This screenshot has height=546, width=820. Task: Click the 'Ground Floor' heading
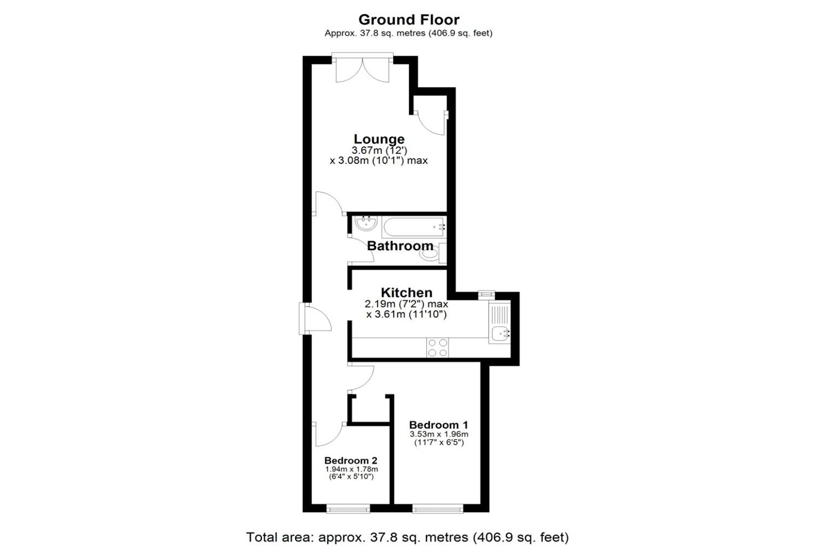coord(409,20)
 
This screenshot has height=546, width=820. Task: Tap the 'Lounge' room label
coord(379,139)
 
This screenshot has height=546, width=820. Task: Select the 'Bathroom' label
coord(400,246)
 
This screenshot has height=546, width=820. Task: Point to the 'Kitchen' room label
coord(406,293)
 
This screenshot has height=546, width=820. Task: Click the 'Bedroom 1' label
coord(438,425)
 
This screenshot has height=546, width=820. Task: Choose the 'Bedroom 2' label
coord(350,460)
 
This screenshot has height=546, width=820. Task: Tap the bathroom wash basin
coord(364,223)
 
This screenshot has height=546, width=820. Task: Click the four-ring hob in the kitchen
coord(437,347)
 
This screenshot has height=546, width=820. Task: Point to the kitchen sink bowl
coord(499,333)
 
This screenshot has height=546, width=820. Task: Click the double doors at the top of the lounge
coord(362,68)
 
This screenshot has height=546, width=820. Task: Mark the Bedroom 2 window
coord(348,509)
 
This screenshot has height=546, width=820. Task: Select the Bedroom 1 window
coord(438,509)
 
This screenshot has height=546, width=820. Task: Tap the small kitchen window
coord(485,295)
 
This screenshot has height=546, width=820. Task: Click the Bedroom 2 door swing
coord(327,435)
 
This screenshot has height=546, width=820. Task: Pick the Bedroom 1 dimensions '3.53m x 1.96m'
coord(439,434)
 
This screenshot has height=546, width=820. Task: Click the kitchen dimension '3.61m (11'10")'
coord(406,314)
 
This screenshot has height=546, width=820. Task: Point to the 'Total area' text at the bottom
coord(407,537)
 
